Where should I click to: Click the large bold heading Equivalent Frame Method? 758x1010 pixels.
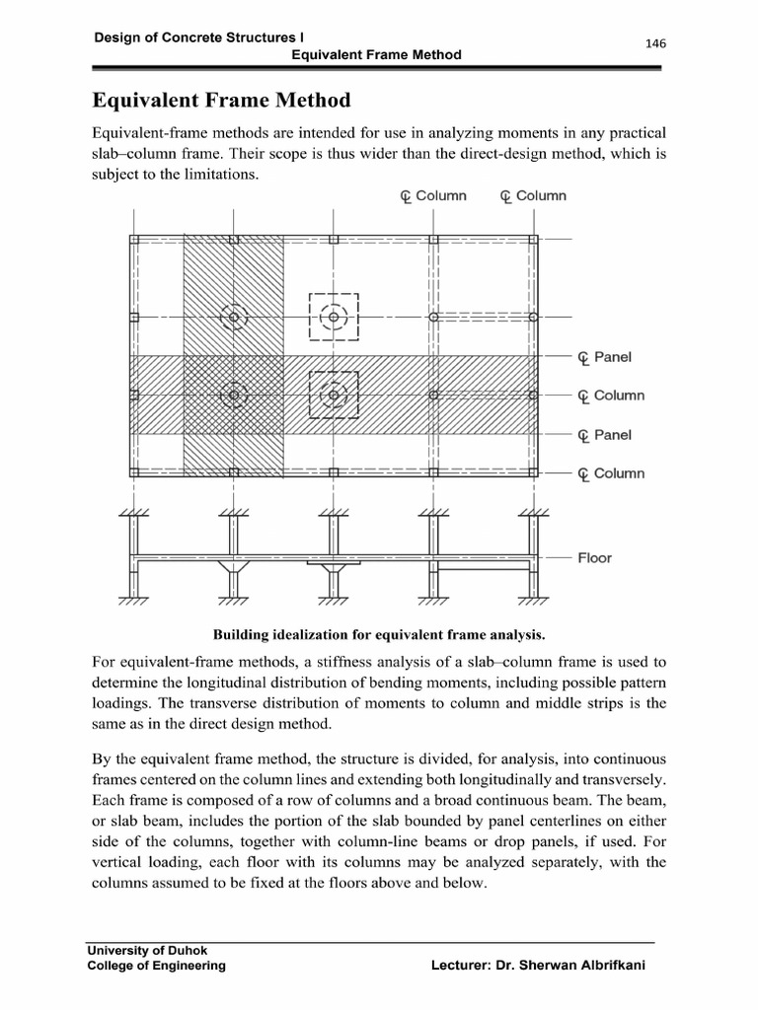[221, 100]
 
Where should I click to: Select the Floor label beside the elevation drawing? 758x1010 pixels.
[594, 558]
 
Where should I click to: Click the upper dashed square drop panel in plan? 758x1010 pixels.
[334, 317]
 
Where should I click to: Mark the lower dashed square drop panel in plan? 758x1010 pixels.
[334, 395]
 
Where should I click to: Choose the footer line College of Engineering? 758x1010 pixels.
[157, 966]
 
